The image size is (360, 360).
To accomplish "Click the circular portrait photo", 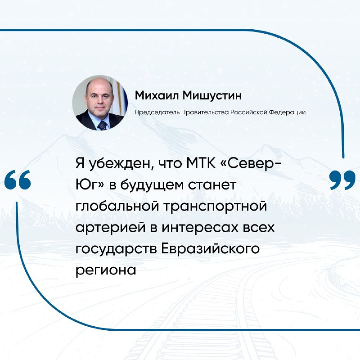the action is click(x=100, y=103).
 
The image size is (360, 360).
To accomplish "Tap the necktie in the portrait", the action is click(x=102, y=126).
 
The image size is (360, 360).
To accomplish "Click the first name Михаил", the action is click(x=157, y=95).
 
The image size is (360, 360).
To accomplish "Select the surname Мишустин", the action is click(x=212, y=95).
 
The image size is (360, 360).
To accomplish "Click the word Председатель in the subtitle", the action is click(x=157, y=112).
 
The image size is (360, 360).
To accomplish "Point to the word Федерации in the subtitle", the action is click(x=287, y=112).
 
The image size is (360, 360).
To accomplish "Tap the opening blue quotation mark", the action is click(x=18, y=180).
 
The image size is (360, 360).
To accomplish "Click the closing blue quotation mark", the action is click(x=342, y=180).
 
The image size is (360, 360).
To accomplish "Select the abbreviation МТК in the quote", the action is click(x=201, y=163).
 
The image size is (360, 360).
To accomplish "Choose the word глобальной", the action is click(x=117, y=206).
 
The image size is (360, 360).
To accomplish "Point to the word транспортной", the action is click(x=215, y=207).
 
